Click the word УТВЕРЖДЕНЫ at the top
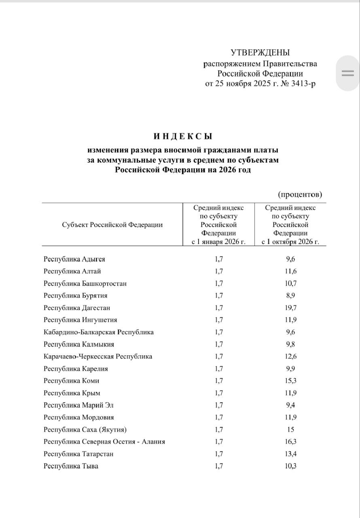point(260,53)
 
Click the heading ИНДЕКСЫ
point(183,137)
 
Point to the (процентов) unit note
point(300,195)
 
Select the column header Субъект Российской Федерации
point(112,225)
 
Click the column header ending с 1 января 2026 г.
point(218,242)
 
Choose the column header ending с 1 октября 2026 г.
point(290,242)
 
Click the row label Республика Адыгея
point(74,259)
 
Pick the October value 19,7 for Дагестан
point(290,308)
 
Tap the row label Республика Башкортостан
point(85,284)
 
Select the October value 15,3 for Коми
point(290,381)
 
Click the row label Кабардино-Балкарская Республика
point(99,332)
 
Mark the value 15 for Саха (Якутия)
point(290,429)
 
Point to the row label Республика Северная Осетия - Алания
point(104,442)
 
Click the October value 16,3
point(290,442)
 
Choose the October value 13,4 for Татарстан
point(290,454)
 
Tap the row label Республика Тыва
point(71,466)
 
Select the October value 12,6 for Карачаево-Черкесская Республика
point(290,357)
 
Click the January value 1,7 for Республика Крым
point(219,393)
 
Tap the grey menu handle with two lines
point(347,73)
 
